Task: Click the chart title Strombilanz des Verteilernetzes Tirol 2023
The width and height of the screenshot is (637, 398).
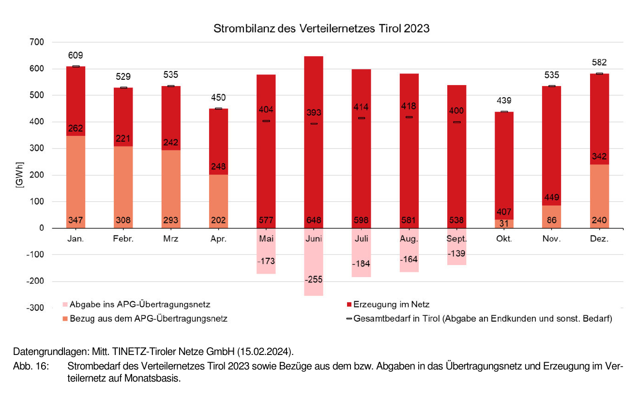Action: (321, 29)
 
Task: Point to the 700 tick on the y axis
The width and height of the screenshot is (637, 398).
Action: (37, 43)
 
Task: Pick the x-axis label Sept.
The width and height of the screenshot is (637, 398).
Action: (456, 239)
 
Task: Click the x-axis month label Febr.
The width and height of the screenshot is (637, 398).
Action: (123, 239)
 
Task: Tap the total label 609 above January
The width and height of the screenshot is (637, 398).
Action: (76, 56)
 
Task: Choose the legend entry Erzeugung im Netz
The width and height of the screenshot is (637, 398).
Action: (391, 305)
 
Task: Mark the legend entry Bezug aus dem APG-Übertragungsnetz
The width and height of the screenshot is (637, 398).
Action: (149, 319)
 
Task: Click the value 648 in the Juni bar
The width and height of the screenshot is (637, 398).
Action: (314, 221)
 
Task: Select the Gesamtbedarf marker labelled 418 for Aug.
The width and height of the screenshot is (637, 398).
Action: (409, 117)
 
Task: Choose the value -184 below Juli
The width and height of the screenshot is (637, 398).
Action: (361, 264)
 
